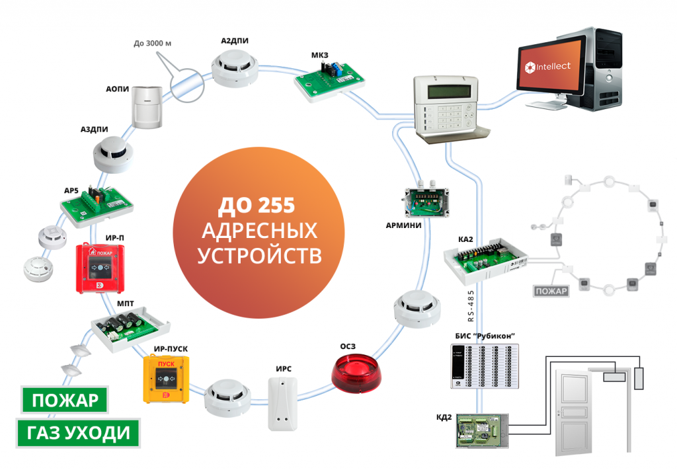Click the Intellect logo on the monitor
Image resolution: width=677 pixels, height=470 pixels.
click(x=553, y=66)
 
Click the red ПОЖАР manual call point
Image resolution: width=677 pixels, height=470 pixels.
click(x=99, y=267)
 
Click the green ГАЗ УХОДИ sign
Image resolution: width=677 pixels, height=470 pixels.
click(x=79, y=434)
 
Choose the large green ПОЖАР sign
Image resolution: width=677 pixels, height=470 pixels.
click(x=65, y=401)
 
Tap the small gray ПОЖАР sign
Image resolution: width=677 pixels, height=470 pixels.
click(x=552, y=292)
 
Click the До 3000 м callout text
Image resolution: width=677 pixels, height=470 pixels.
click(x=153, y=44)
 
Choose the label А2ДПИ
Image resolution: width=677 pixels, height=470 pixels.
click(x=235, y=40)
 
